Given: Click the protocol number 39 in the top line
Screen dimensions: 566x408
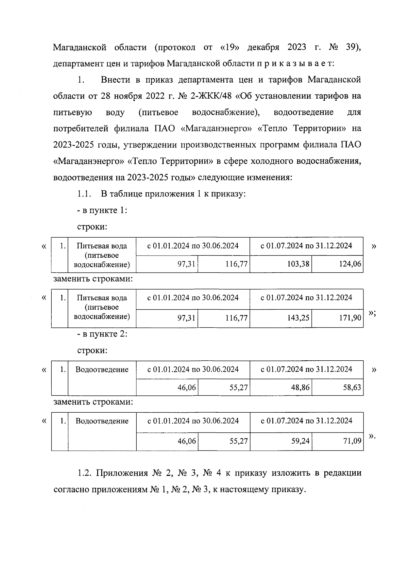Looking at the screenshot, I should pyautogui.click(x=352, y=47).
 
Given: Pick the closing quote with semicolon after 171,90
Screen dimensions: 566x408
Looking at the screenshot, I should pyautogui.click(x=372, y=313).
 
